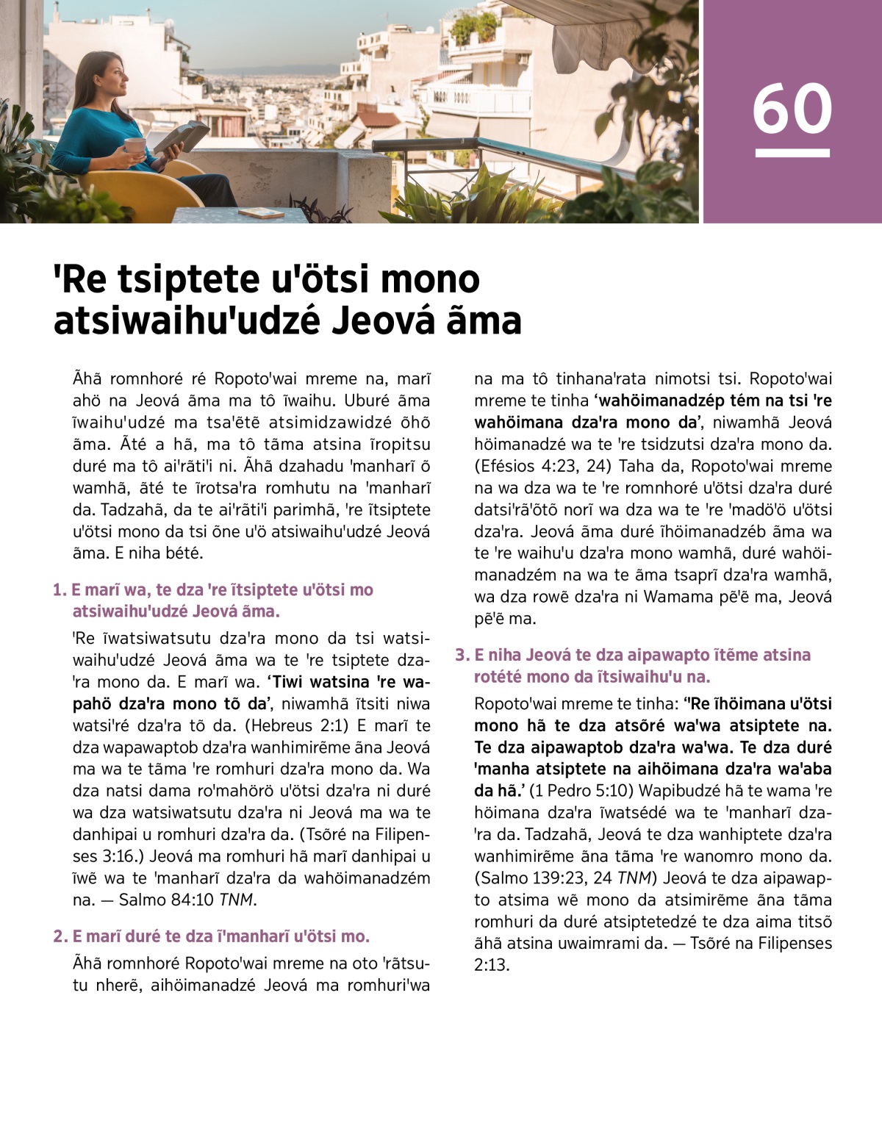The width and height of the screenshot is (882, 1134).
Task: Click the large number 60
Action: click(792, 108)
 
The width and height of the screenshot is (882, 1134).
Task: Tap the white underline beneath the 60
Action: click(792, 153)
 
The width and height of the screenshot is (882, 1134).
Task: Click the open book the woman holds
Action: click(180, 137)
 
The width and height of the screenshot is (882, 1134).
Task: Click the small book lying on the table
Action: click(262, 213)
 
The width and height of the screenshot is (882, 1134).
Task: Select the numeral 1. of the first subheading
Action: click(60, 590)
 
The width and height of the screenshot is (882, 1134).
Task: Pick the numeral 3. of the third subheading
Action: click(462, 655)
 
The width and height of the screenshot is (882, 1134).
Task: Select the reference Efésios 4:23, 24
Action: click(545, 466)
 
